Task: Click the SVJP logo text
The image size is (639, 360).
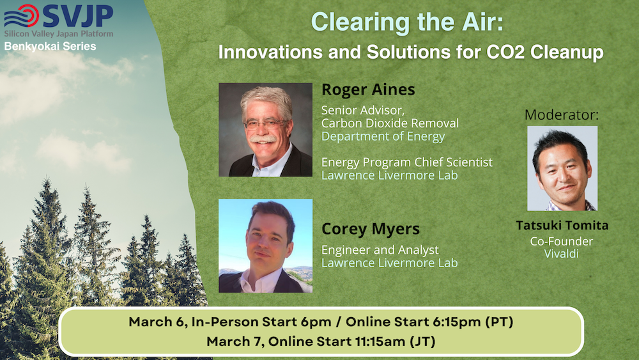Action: [x=78, y=16]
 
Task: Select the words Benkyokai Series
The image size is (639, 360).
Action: [x=50, y=46]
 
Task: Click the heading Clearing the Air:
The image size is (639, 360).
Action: [x=407, y=22]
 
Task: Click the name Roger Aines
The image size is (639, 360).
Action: [x=368, y=90]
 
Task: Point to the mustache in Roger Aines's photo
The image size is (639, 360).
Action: [x=263, y=139]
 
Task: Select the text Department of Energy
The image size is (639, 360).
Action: [x=383, y=137]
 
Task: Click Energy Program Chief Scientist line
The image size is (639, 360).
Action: [x=406, y=162]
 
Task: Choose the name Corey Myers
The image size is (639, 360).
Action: [x=371, y=229]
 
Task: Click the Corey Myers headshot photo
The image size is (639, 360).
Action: [x=266, y=246]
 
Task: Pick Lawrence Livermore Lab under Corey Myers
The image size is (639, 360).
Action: [x=390, y=263]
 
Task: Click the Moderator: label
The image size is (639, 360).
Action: [x=562, y=115]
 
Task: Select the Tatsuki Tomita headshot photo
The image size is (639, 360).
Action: [x=562, y=168]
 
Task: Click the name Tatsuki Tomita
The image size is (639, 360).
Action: [x=562, y=225]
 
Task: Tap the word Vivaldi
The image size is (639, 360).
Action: [x=562, y=254]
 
